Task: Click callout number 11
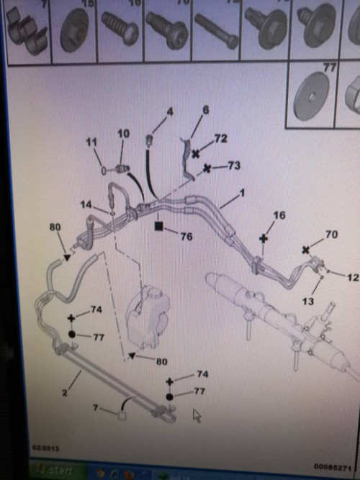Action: pyautogui.click(x=91, y=143)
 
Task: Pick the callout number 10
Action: pyautogui.click(x=123, y=134)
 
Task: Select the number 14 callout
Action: pyautogui.click(x=86, y=205)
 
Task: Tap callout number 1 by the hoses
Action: pyautogui.click(x=242, y=194)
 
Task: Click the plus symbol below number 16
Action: pyautogui.click(x=264, y=237)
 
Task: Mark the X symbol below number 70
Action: pyautogui.click(x=307, y=250)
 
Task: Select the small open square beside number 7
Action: pyautogui.click(x=122, y=415)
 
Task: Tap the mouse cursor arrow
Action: pyautogui.click(x=197, y=415)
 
